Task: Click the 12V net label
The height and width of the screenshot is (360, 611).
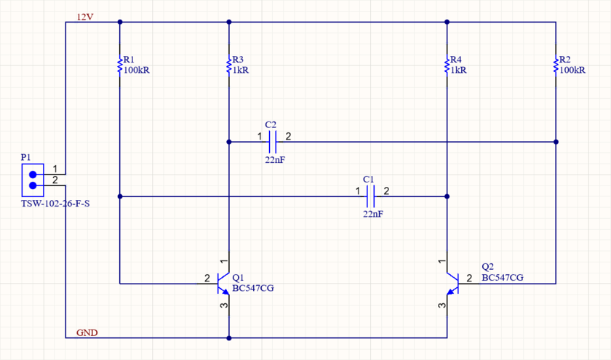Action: (85, 17)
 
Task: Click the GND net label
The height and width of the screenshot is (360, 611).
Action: (87, 333)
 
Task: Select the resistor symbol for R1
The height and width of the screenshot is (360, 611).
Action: (120, 65)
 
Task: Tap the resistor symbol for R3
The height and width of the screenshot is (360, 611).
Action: (229, 65)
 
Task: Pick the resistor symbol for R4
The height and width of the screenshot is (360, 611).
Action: (447, 65)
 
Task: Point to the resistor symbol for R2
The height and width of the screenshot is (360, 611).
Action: (556, 65)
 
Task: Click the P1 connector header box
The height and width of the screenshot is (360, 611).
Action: (32, 180)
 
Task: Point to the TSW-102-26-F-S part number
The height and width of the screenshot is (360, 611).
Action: (55, 204)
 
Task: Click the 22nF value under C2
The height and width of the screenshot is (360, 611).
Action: (275, 159)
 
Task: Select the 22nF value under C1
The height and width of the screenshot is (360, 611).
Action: (372, 215)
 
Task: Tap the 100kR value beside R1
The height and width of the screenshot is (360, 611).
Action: (137, 71)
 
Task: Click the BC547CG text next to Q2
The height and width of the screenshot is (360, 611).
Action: (503, 278)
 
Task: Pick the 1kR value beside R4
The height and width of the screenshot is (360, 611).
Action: (459, 71)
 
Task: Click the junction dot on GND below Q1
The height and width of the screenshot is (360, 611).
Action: (229, 338)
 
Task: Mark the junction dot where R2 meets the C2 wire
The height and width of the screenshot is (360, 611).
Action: (556, 142)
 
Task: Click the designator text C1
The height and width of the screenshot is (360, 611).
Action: (368, 178)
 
